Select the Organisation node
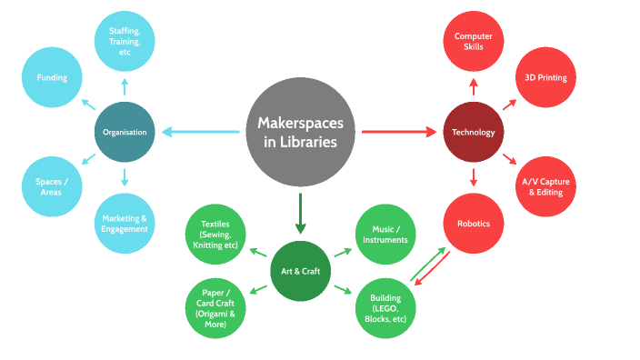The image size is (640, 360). [x=125, y=132]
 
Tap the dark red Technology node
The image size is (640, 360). [x=473, y=133]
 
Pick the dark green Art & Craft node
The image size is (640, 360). [x=299, y=271]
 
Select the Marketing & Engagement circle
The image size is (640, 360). [x=125, y=223]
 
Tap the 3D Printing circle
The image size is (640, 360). [x=545, y=78]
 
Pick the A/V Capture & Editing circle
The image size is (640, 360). [x=545, y=186]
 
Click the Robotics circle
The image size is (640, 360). [x=473, y=223]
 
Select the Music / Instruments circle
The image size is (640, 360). [x=384, y=235]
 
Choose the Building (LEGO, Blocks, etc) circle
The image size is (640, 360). [x=384, y=307]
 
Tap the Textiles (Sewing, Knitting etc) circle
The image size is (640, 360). [x=215, y=235]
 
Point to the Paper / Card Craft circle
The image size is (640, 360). [x=215, y=307]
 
